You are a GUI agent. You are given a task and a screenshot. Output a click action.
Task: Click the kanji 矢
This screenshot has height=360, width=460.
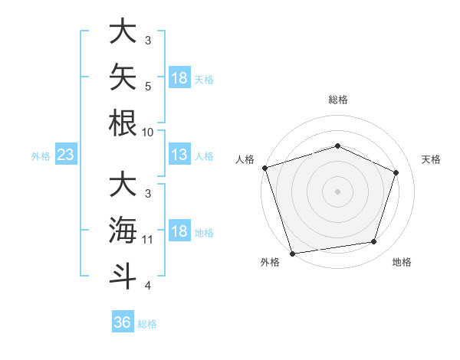(x=123, y=77)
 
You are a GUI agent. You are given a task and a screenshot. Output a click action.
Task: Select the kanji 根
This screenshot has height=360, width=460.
(x=123, y=123)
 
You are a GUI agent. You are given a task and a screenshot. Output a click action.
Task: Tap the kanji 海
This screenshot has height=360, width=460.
(x=123, y=230)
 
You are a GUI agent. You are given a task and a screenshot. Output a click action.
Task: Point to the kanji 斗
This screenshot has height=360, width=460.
(x=123, y=277)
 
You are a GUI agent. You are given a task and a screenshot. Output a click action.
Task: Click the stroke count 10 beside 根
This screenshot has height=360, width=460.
(x=147, y=133)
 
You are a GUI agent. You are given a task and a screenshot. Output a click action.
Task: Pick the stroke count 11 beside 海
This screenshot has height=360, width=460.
(x=147, y=240)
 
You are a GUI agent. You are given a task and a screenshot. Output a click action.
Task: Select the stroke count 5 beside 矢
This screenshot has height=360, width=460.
(x=148, y=87)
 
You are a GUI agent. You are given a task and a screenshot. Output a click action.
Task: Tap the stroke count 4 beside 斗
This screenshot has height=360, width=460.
(x=148, y=286)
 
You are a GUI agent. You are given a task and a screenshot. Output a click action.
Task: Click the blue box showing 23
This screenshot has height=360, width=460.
(x=66, y=154)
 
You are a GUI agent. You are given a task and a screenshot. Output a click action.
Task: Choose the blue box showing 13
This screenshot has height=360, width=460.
(x=179, y=154)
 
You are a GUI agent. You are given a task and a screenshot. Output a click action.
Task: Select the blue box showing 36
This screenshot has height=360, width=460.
(x=123, y=321)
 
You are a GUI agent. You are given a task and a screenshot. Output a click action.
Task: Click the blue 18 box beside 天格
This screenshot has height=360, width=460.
(x=179, y=77)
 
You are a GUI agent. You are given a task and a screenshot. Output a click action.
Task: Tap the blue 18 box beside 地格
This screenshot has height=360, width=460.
(x=179, y=230)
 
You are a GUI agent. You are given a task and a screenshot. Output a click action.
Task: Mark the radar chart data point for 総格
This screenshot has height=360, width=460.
(x=337, y=146)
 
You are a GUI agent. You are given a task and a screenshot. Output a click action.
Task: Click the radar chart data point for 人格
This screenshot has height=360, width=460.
(x=265, y=168)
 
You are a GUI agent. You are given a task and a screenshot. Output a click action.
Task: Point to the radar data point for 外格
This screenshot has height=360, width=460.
(x=292, y=254)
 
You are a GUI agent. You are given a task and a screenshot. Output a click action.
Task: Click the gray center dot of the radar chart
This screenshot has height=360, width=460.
(x=337, y=191)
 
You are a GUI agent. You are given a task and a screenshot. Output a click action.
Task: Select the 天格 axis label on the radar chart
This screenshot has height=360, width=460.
(x=431, y=159)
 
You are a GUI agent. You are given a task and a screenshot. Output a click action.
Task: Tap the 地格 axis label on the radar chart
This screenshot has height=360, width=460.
(x=402, y=262)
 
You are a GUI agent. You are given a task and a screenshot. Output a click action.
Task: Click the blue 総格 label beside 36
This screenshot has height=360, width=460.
(x=147, y=324)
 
